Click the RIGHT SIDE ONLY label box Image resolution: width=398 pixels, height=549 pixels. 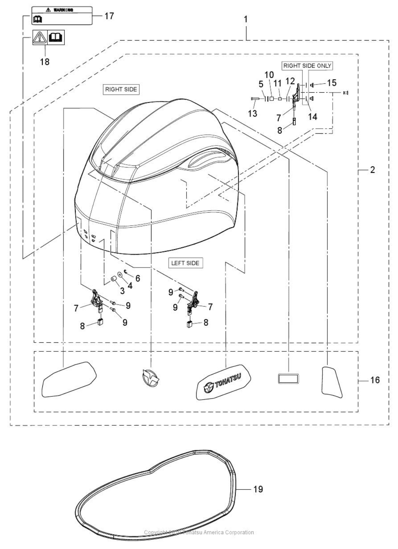click(307, 66)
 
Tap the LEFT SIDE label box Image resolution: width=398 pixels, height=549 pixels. click(185, 263)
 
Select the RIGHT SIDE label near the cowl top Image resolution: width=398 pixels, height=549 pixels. click(121, 89)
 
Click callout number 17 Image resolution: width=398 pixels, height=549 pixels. click(109, 16)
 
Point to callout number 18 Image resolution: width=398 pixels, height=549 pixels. click(45, 61)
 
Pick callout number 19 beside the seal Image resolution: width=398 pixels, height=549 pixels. click(258, 489)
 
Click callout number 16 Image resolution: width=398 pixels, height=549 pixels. click(375, 380)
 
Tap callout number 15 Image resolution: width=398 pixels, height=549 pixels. click(332, 83)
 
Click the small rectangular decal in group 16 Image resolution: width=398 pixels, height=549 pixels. click(288, 379)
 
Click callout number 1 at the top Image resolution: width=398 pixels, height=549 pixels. click(246, 19)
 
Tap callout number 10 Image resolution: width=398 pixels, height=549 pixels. click(269, 75)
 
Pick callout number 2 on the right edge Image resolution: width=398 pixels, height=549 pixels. click(372, 170)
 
